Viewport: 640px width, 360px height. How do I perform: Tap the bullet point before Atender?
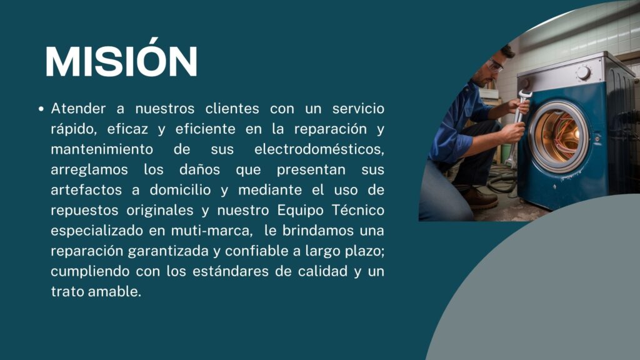(x=41, y=109)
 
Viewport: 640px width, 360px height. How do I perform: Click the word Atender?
(x=78, y=109)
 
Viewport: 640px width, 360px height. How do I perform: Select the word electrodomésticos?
(x=319, y=149)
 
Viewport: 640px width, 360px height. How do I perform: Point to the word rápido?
(x=74, y=129)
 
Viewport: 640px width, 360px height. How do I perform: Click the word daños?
(x=199, y=169)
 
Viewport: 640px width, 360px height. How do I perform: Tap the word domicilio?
(x=180, y=190)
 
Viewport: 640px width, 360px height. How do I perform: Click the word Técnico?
(x=358, y=210)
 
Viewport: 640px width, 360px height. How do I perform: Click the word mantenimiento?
(x=102, y=149)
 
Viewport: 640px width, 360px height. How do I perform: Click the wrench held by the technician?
(x=517, y=126)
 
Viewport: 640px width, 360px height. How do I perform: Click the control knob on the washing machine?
(x=583, y=73)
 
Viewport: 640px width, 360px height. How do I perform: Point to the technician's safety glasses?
(x=496, y=65)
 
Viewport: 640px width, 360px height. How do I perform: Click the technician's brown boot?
(x=480, y=198)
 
